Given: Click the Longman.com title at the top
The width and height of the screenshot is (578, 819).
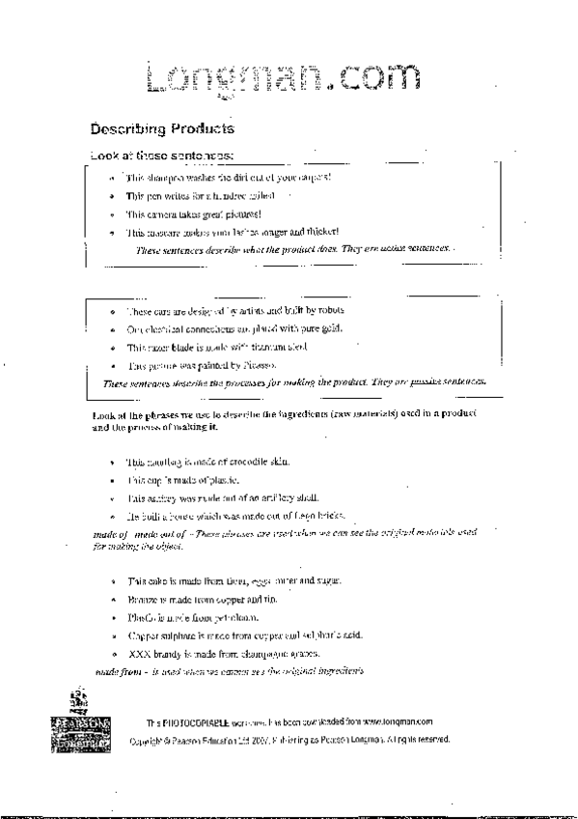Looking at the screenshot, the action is coord(285,79).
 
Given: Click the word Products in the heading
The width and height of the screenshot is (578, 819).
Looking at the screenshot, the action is coord(201,128).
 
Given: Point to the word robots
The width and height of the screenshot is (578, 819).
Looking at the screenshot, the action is coord(330,310).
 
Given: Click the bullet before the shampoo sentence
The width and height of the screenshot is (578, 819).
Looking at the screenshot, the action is coord(113,178).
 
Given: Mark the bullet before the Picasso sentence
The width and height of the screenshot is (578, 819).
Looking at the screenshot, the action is coord(113,365).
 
